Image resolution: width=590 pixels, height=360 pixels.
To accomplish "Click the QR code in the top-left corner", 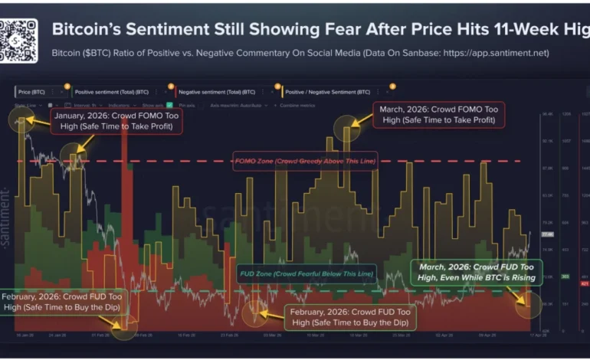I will [18, 40].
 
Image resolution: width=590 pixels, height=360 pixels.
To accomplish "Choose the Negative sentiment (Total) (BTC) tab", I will [218, 91].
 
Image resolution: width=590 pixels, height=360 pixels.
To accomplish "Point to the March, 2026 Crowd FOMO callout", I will [438, 115].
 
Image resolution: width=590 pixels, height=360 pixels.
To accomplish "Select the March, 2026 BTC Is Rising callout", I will [475, 271].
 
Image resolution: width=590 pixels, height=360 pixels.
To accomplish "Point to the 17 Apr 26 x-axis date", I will [526, 335].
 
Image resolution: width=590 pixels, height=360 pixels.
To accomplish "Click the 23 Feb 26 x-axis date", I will [227, 335].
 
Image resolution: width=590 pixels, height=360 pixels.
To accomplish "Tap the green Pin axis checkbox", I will [174, 104].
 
